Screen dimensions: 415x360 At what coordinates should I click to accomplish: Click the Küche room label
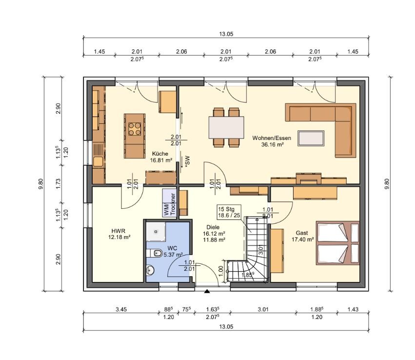tap(160, 154)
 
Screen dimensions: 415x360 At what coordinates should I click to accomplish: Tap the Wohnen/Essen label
tap(272, 138)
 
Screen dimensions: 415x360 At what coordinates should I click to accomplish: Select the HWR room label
tap(119, 231)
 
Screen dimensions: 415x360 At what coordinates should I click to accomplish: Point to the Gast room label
tap(302, 233)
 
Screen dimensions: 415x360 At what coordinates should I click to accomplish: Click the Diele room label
tap(213, 227)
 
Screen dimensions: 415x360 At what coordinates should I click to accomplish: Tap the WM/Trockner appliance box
tap(169, 203)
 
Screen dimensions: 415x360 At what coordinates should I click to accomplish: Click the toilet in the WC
tap(156, 253)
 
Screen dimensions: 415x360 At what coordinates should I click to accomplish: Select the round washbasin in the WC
tap(150, 270)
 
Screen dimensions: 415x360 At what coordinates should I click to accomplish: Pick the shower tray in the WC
tap(156, 232)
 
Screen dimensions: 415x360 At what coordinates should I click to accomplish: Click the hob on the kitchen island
tap(135, 129)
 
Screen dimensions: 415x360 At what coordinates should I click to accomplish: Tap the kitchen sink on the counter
tap(98, 161)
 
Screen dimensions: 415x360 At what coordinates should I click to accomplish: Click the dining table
tap(226, 128)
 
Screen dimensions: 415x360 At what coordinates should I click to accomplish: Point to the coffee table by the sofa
tap(311, 138)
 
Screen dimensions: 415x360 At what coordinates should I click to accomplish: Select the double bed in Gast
tap(338, 243)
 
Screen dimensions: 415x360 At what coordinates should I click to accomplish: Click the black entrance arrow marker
tap(207, 291)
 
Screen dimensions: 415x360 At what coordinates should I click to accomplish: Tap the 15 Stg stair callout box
tap(229, 212)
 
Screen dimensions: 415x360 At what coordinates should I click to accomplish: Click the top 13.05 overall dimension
tap(226, 34)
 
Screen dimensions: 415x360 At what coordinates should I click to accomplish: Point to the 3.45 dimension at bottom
tap(121, 309)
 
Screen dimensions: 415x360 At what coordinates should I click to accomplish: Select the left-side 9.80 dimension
tap(40, 184)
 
